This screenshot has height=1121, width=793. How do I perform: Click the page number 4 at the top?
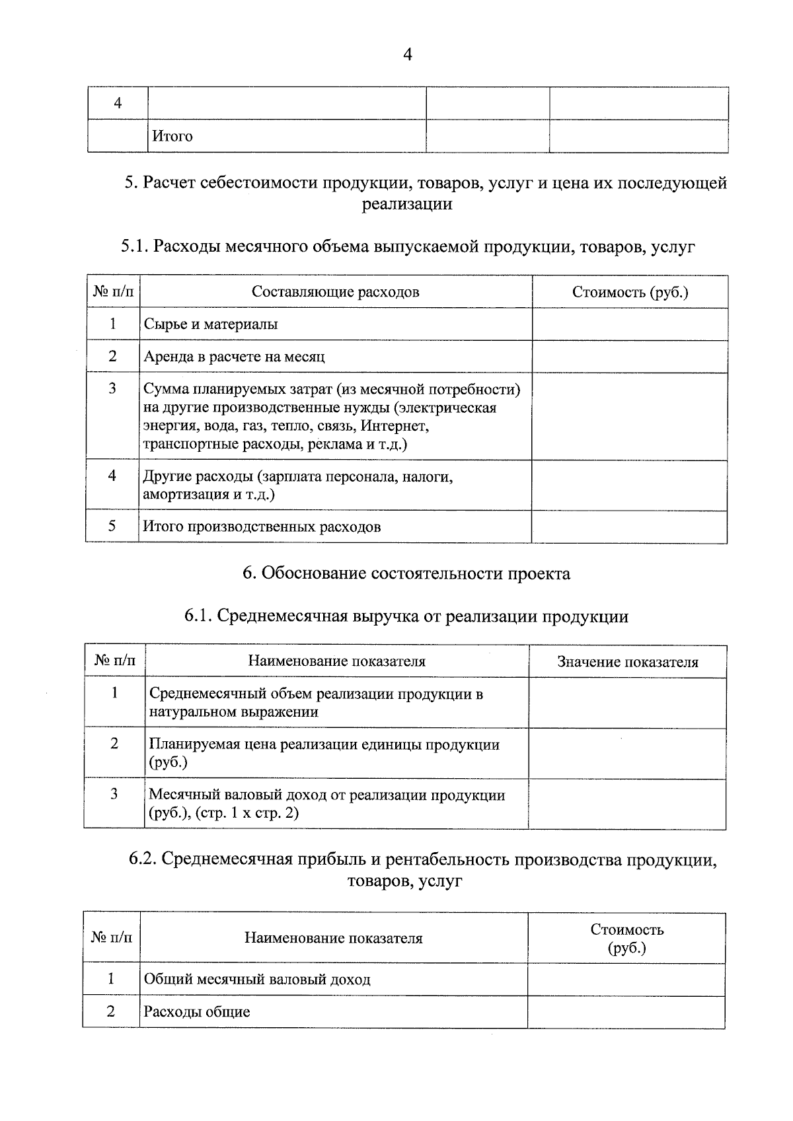[407, 55]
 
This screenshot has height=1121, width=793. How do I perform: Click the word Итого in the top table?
[172, 136]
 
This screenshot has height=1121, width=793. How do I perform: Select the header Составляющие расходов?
[335, 292]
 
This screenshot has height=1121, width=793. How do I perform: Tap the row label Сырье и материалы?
[211, 324]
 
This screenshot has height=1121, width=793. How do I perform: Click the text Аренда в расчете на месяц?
[235, 357]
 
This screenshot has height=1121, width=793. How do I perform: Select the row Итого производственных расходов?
[262, 526]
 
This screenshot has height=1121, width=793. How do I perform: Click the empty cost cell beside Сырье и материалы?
[629, 324]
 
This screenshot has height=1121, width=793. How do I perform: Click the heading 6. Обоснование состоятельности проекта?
[406, 573]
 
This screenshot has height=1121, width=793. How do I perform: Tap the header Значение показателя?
[627, 662]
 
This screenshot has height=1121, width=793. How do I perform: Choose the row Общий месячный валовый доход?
[257, 979]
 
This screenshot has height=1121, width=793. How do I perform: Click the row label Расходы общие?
[197, 1012]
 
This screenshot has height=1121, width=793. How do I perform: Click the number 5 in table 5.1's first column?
[112, 526]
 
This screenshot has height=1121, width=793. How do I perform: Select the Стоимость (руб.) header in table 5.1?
[630, 292]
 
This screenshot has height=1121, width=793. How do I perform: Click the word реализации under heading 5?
[407, 204]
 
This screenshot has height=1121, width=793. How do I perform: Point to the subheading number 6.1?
[198, 617]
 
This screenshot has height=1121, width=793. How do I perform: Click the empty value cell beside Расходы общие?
[625, 1012]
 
